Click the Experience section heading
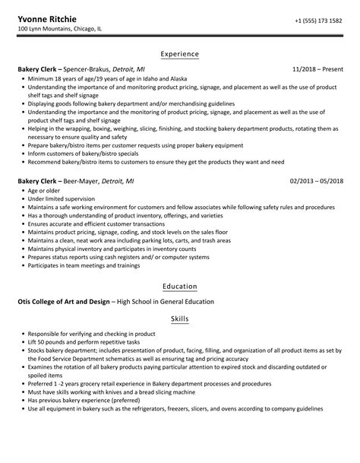[180, 54]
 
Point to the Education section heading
[180, 287]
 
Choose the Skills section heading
[180, 319]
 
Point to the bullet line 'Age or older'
[46, 192]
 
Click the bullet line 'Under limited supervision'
[62, 200]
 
